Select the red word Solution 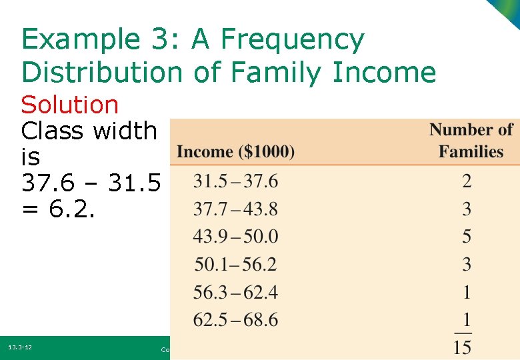point(70,105)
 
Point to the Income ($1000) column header point(235,152)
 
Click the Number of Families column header point(471,141)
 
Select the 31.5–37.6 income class point(235,181)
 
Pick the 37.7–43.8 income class point(235,209)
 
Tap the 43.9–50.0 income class point(235,237)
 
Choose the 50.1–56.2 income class point(235,265)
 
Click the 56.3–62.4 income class point(235,292)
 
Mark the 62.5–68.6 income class point(235,320)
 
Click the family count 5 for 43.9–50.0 point(467,237)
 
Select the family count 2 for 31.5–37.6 point(467,181)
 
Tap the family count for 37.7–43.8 point(467,209)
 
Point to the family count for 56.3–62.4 point(467,292)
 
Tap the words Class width point(89,131)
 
